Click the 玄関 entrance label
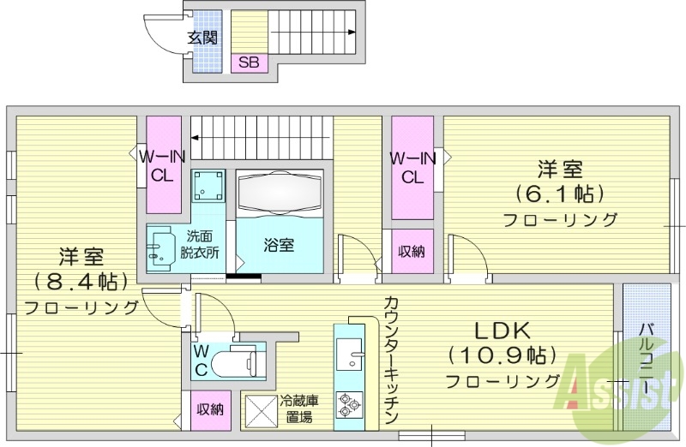click(x=202, y=37)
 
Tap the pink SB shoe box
click(x=249, y=62)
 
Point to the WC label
click(x=200, y=361)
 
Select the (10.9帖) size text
click(x=502, y=354)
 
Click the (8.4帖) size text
click(x=81, y=280)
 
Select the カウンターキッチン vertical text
click(x=390, y=361)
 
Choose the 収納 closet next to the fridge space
click(x=210, y=409)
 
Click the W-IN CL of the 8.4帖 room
click(x=163, y=165)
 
